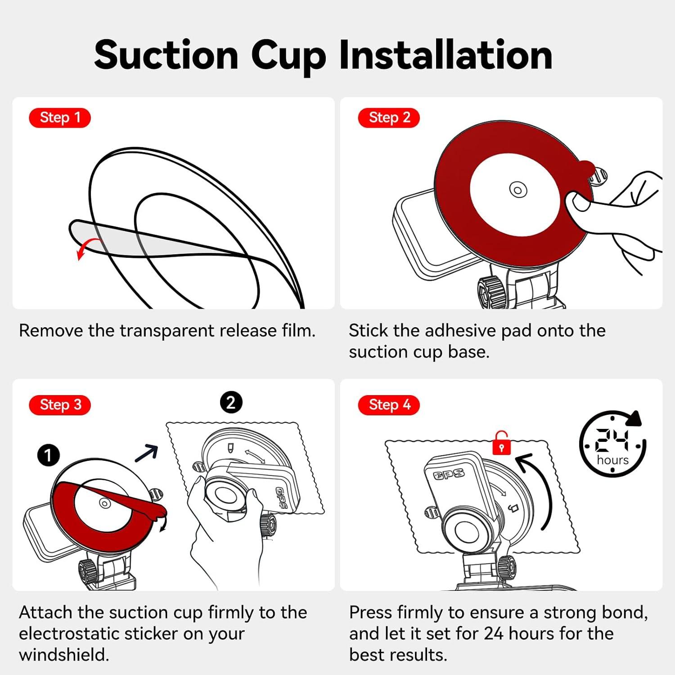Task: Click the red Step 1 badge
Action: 59,118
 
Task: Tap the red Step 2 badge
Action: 389,118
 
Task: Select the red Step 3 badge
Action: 59,405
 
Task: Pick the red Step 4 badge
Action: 389,405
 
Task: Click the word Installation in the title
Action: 445,55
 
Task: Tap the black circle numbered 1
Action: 48,455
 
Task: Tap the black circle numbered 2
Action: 231,402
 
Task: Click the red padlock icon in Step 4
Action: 501,444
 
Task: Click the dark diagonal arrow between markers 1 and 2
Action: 147,453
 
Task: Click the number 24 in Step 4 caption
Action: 494,634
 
